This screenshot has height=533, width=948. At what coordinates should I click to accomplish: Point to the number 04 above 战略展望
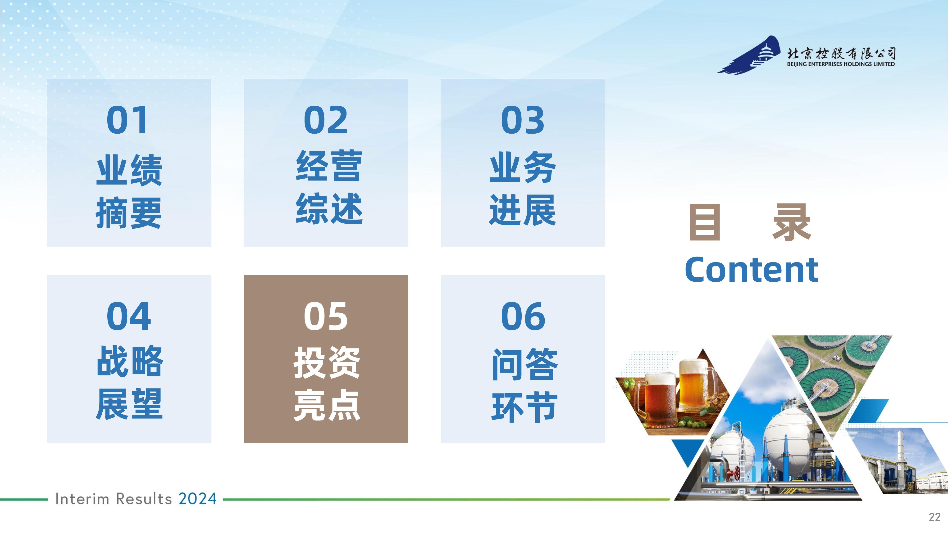tap(128, 316)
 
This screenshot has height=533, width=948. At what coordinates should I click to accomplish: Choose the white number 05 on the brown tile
tap(326, 316)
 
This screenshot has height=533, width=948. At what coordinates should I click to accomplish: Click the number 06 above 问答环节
tap(523, 316)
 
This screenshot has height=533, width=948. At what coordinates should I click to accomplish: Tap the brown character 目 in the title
tap(704, 222)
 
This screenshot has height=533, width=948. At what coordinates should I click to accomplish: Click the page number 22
tap(935, 517)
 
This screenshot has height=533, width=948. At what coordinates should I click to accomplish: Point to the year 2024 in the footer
tap(198, 499)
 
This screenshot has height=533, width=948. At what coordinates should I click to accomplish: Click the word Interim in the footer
tap(82, 499)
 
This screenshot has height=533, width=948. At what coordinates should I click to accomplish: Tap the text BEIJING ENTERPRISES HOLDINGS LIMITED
tap(841, 64)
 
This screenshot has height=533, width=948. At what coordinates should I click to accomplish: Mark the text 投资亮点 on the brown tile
tap(326, 384)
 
